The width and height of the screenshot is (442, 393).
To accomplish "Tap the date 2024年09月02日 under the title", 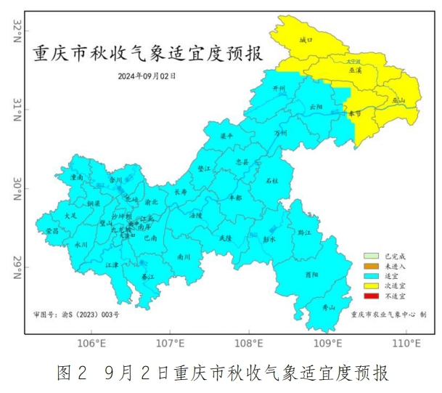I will pyautogui.click(x=147, y=75).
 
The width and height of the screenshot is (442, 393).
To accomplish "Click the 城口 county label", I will pyautogui.click(x=306, y=41).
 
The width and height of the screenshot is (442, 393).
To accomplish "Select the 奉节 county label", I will pyautogui.click(x=353, y=114).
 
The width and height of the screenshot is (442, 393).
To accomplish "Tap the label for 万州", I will pyautogui.click(x=281, y=134).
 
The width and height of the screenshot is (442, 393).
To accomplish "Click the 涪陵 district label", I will pyautogui.click(x=195, y=215).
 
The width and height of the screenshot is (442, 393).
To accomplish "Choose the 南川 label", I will pyautogui.click(x=183, y=256).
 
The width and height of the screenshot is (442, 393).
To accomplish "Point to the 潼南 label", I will pyautogui.click(x=76, y=177).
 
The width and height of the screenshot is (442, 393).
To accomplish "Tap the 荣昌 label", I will pyautogui.click(x=52, y=230).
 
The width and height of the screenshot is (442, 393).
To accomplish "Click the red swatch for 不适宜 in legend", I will pyautogui.click(x=372, y=296).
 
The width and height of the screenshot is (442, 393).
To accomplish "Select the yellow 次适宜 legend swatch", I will pyautogui.click(x=372, y=286).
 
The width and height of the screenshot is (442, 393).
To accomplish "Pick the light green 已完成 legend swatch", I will pyautogui.click(x=372, y=256).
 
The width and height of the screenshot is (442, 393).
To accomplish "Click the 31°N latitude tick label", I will pyautogui.click(x=16, y=110).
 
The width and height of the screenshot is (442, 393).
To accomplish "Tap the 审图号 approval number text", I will pyautogui.click(x=76, y=315).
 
